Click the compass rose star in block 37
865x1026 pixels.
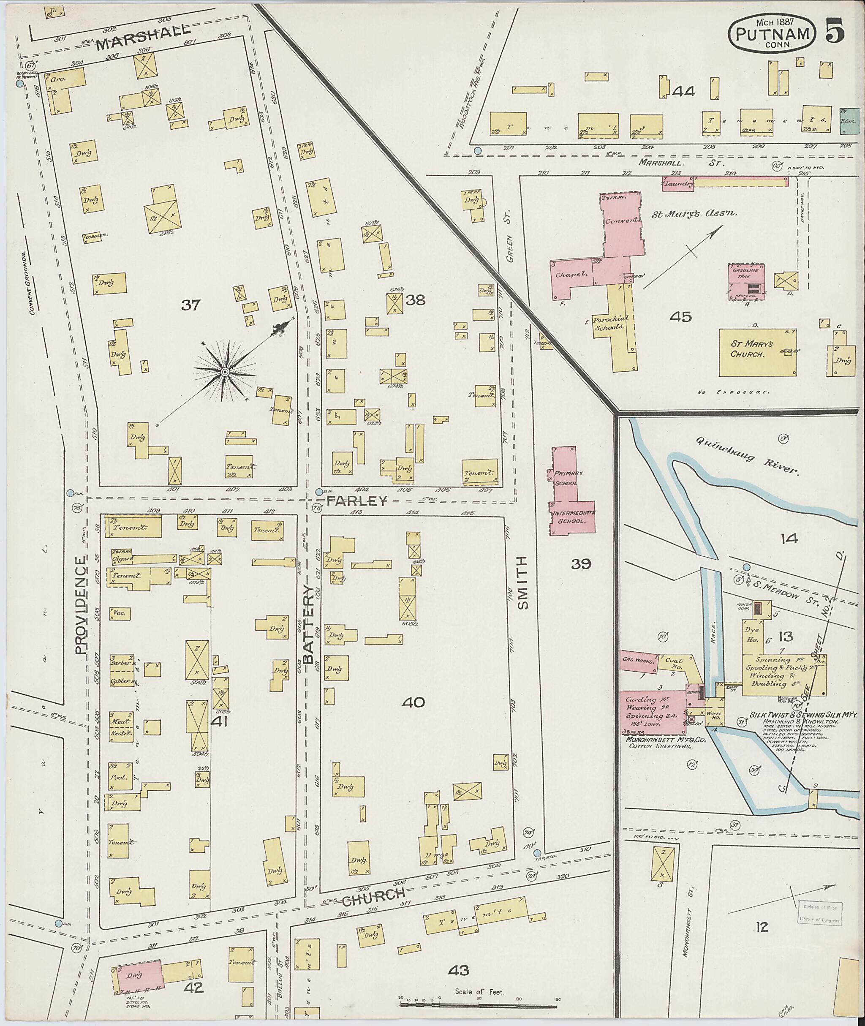[x=225, y=373]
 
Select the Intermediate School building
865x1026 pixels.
[x=573, y=517]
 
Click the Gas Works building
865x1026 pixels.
[x=639, y=660]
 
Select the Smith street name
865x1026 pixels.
[x=523, y=582]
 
